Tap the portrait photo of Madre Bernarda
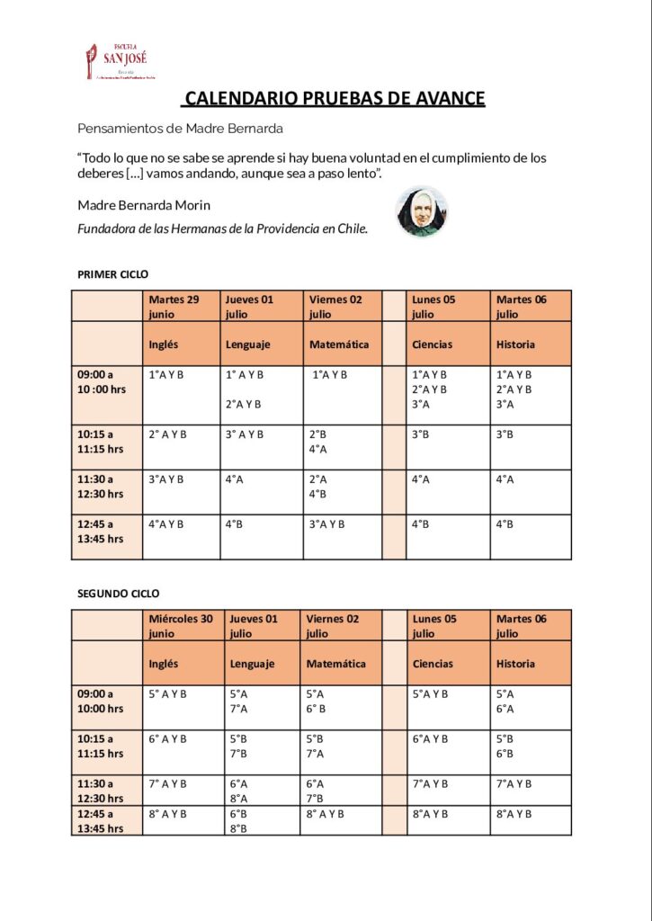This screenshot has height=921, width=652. click(421, 212)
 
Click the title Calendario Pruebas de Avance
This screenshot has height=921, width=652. click(335, 99)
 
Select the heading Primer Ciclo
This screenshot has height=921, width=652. click(113, 274)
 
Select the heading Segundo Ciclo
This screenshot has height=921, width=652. click(119, 594)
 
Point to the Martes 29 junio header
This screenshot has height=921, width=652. click(174, 307)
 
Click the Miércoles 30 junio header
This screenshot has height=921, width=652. click(182, 626)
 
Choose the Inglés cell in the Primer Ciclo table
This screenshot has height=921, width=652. click(164, 344)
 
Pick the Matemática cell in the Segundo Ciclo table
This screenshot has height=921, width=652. click(336, 664)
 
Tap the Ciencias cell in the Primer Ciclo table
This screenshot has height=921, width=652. click(432, 344)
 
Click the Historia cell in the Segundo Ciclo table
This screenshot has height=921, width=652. click(515, 664)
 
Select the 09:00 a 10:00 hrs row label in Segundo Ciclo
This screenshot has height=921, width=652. click(101, 702)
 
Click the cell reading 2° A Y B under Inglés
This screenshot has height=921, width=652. click(167, 434)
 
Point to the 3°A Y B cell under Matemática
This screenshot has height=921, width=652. click(326, 523)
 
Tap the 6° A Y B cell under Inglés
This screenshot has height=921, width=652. click(168, 738)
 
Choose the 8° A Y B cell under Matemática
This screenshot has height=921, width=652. click(326, 813)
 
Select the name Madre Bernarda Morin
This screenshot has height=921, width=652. click(144, 205)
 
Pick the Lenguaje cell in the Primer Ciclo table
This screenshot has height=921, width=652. click(247, 344)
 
